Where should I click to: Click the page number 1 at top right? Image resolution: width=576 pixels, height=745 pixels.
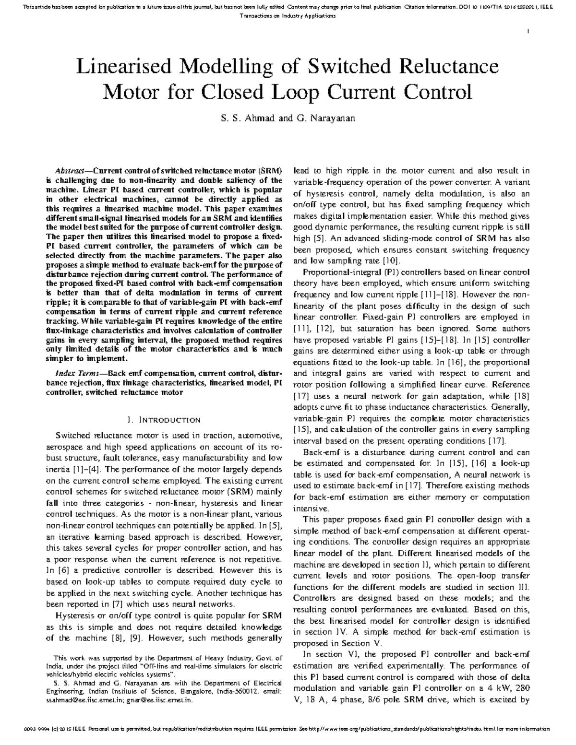528,32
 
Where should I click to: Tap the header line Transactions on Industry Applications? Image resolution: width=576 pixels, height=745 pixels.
287,16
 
